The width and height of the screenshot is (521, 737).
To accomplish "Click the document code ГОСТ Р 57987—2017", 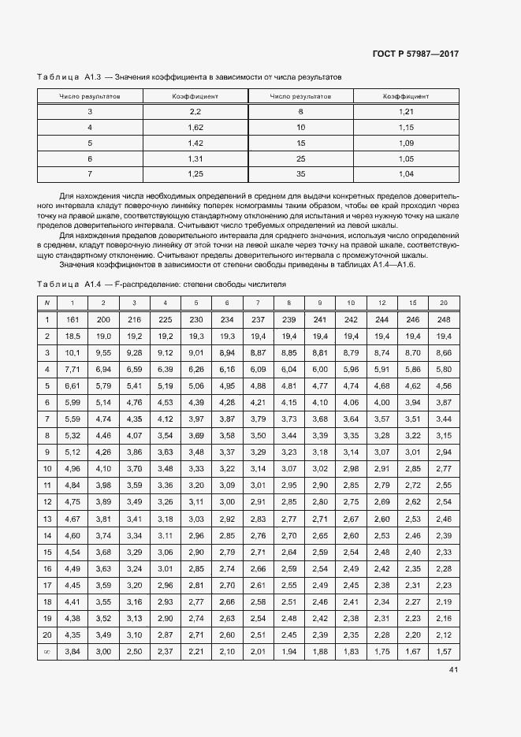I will point(415,54).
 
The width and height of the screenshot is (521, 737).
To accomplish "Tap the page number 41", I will point(453,670).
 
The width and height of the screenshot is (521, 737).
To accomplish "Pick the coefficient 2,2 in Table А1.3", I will point(195,112).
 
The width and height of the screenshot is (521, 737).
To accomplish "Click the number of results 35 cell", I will point(300,173).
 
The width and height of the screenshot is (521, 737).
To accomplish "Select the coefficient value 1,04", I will point(406,173).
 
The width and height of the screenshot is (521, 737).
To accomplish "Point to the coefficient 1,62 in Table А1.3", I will point(195,127).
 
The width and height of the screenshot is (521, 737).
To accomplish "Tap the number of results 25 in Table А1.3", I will point(300,158).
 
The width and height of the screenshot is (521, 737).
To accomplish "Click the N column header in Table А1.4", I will point(47,303).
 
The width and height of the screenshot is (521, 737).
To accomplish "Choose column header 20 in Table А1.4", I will point(443,303).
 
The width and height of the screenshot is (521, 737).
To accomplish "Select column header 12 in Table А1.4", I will point(381,303).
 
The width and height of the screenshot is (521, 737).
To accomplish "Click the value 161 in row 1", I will point(73,319).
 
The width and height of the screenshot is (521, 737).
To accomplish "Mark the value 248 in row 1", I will point(443,319).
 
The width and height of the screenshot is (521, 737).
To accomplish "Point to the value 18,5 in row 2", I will point(73,336).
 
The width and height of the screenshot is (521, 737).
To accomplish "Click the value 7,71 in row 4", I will point(73,369).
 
